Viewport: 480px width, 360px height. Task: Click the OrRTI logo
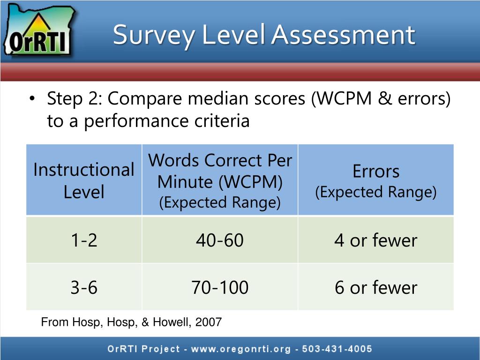tap(38, 30)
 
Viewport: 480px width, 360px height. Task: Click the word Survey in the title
tap(154, 36)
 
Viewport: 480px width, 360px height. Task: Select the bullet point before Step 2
tap(32, 99)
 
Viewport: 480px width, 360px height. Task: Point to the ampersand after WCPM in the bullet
tap(385, 98)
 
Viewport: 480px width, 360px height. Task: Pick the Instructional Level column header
tap(84, 180)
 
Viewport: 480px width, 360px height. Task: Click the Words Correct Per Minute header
tap(220, 180)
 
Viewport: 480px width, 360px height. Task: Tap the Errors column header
tap(376, 180)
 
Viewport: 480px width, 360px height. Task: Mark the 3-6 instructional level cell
tap(84, 287)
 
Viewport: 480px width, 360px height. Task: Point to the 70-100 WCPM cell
tap(220, 287)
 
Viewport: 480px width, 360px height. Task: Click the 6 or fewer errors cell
tap(376, 287)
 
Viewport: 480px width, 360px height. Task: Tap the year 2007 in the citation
tap(209, 322)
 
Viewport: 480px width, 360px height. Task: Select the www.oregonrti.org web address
tap(240, 349)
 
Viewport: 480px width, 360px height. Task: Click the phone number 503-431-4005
tap(337, 349)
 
